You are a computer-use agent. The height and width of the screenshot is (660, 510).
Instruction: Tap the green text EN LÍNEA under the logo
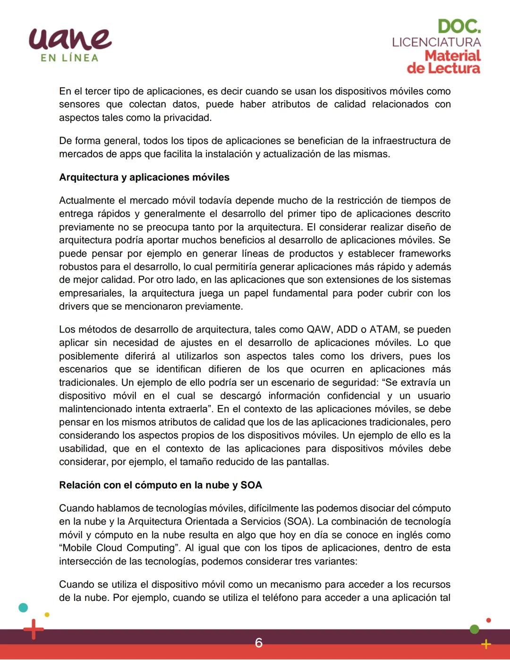point(69,58)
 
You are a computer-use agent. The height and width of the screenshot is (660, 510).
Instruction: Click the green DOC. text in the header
point(459,26)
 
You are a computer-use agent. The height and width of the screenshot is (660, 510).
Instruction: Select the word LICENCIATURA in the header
point(436,42)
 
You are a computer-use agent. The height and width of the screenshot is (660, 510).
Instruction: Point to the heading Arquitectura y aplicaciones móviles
point(144,177)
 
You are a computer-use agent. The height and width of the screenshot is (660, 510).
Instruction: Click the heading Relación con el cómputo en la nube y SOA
point(160,485)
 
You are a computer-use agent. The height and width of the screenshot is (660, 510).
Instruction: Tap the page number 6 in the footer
point(258,643)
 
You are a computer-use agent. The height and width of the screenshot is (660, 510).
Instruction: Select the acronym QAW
point(319,329)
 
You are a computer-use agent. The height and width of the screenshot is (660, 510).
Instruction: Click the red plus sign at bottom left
point(33,629)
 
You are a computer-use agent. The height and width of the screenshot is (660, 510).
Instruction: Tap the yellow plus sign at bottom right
point(485,644)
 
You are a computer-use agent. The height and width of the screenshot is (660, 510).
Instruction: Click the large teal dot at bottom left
point(23,608)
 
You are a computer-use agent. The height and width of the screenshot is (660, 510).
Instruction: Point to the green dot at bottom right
point(475,629)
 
